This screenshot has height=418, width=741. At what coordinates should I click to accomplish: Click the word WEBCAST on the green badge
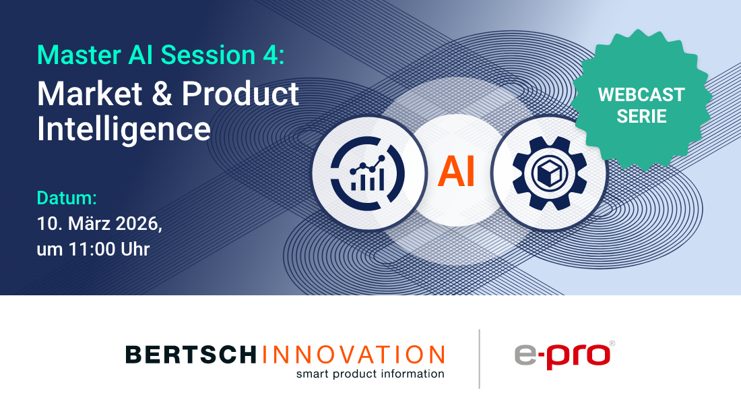click(x=641, y=94)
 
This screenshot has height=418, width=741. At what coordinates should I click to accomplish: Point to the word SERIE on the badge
click(x=641, y=116)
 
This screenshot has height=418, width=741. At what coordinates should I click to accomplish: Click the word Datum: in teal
click(x=67, y=198)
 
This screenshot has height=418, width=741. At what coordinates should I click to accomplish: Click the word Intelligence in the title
click(x=123, y=128)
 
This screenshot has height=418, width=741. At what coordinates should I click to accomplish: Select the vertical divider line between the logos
click(x=480, y=359)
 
